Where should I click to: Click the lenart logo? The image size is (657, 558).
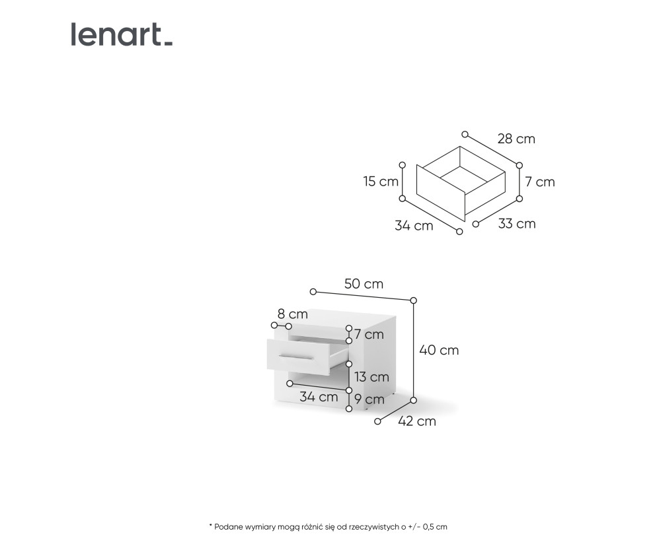(122, 34)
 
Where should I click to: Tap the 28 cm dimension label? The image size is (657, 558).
(516, 139)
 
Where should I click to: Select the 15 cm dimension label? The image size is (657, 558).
(381, 181)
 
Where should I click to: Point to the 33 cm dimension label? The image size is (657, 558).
(517, 224)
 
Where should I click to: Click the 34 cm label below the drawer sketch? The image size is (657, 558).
(414, 226)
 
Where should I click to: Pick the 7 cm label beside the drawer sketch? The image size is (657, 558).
(539, 182)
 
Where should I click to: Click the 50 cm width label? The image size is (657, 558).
(364, 284)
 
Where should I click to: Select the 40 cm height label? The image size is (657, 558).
(439, 350)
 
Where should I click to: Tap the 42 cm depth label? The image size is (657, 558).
(417, 421)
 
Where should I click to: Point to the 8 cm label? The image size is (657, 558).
(292, 314)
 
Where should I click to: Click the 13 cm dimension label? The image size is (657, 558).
(371, 377)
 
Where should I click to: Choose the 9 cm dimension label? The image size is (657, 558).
(369, 400)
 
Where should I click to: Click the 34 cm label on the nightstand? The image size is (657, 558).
(319, 397)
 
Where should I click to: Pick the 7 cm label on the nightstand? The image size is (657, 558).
(369, 334)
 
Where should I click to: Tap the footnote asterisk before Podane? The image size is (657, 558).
(211, 525)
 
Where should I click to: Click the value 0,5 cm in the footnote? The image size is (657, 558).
(436, 527)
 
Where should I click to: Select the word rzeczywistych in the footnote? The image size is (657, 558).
(373, 527)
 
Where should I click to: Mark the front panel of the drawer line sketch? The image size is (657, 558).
(441, 193)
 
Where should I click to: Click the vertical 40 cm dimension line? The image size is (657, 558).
(414, 351)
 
